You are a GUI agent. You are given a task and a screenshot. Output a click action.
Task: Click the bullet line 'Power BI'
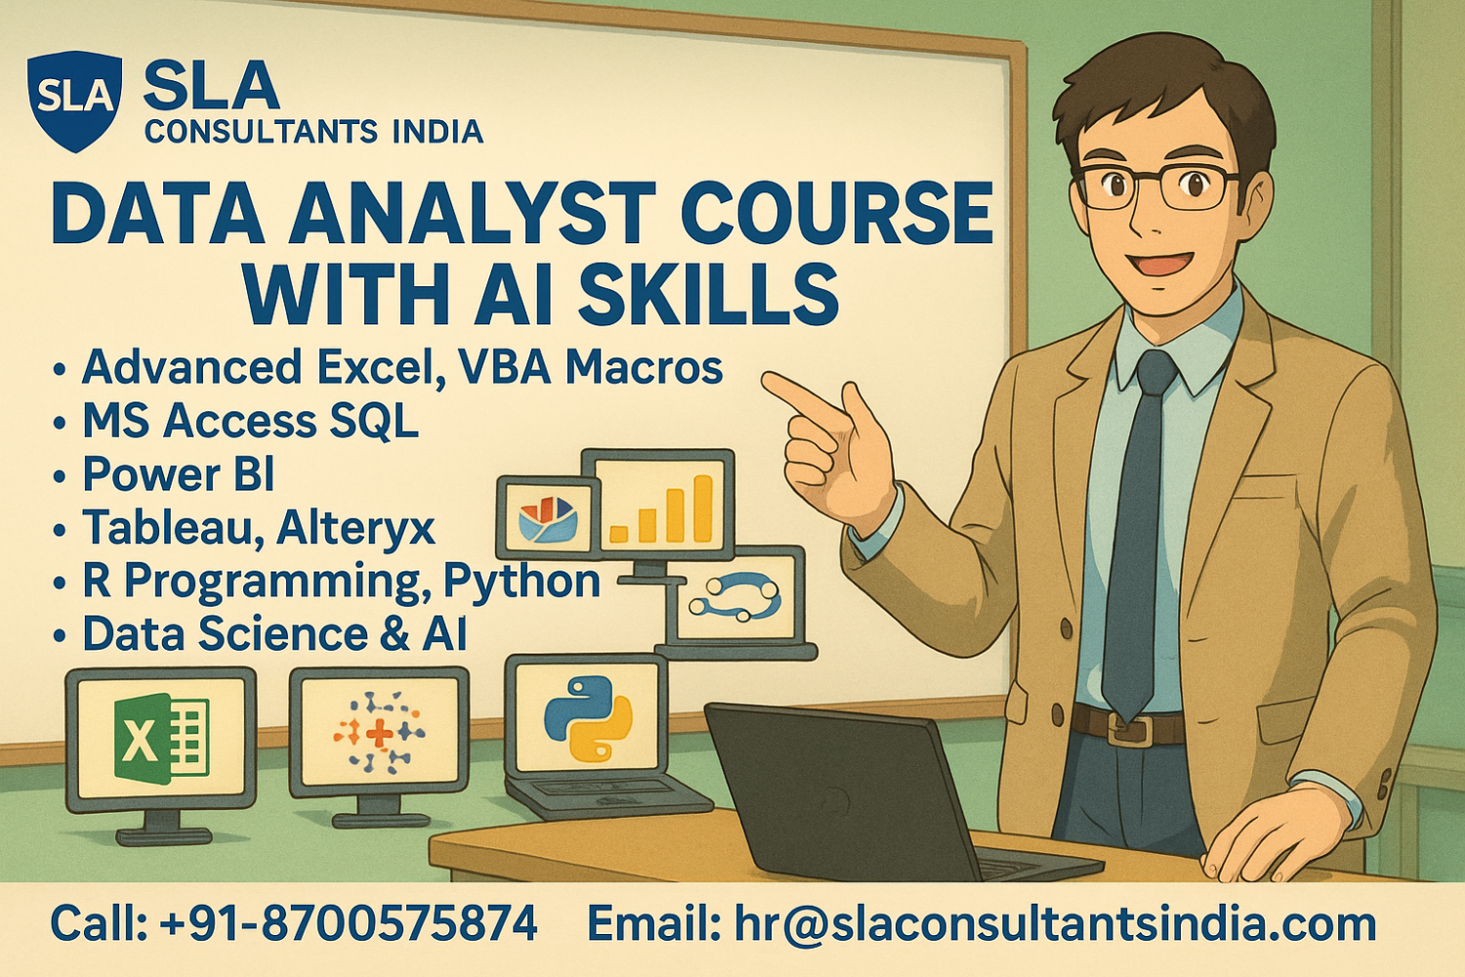point(178,475)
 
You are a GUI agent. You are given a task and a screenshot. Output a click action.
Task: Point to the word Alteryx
point(356,528)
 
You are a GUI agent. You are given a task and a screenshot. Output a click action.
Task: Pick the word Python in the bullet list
point(522,580)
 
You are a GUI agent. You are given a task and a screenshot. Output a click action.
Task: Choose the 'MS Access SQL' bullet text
point(250,421)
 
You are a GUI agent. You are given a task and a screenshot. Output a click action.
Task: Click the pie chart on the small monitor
point(548,518)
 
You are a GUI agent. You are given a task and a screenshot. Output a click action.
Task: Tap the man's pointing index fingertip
point(768,381)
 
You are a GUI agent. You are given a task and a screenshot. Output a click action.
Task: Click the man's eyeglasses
point(1158,186)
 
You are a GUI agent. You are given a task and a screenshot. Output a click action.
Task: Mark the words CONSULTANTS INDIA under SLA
point(314,131)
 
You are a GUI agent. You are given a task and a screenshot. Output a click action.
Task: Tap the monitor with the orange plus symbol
point(379,733)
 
